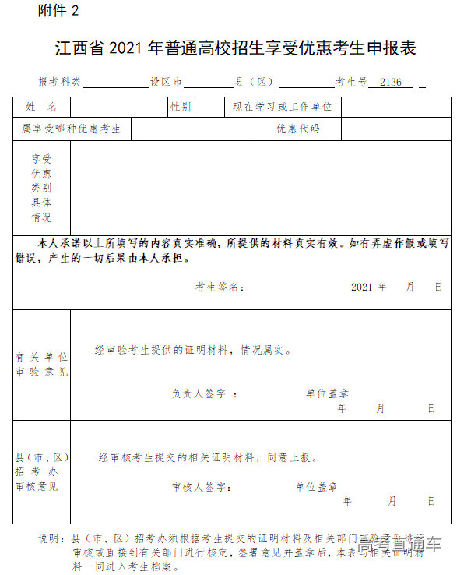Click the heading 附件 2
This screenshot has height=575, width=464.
(x=58, y=11)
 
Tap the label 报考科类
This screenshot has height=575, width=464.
(x=60, y=82)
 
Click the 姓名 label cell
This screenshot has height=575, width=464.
(x=41, y=107)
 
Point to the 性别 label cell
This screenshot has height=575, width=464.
(x=181, y=107)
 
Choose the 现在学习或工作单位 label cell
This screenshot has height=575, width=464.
(x=282, y=107)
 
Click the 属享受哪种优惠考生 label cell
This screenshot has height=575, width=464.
(x=72, y=129)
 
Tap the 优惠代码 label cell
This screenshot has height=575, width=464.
(x=298, y=129)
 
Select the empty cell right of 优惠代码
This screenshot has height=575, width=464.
(x=395, y=129)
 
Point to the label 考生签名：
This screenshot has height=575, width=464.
(x=220, y=287)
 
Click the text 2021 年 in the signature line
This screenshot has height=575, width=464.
(x=368, y=287)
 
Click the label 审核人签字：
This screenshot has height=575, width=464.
(x=200, y=487)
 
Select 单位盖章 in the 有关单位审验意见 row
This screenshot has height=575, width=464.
(x=327, y=394)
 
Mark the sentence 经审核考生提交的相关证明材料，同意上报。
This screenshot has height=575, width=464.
(x=209, y=458)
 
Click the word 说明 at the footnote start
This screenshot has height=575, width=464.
(x=50, y=538)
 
